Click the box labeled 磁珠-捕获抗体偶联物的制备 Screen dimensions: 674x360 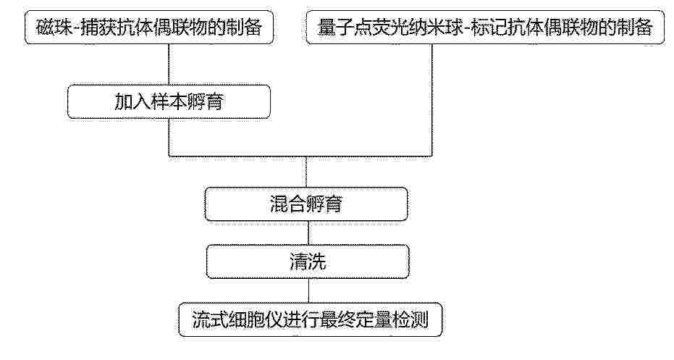pos(149,27)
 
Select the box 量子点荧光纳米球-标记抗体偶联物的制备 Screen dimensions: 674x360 pos(485,27)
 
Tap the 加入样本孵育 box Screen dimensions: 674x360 pos(169,102)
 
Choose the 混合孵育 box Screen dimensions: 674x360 pos(306,204)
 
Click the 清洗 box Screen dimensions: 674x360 pos(308,261)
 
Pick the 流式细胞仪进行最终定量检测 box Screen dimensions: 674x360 pos(311,319)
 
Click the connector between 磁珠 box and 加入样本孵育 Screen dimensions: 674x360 pos(169,64)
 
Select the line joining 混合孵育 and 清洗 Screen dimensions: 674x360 pos(308,233)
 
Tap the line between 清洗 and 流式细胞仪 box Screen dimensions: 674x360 pos(308,290)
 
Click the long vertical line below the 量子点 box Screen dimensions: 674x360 pos(432,100)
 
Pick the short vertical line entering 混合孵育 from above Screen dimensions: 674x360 pos(306,172)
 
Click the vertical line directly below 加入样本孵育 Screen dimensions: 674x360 pos(169,137)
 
